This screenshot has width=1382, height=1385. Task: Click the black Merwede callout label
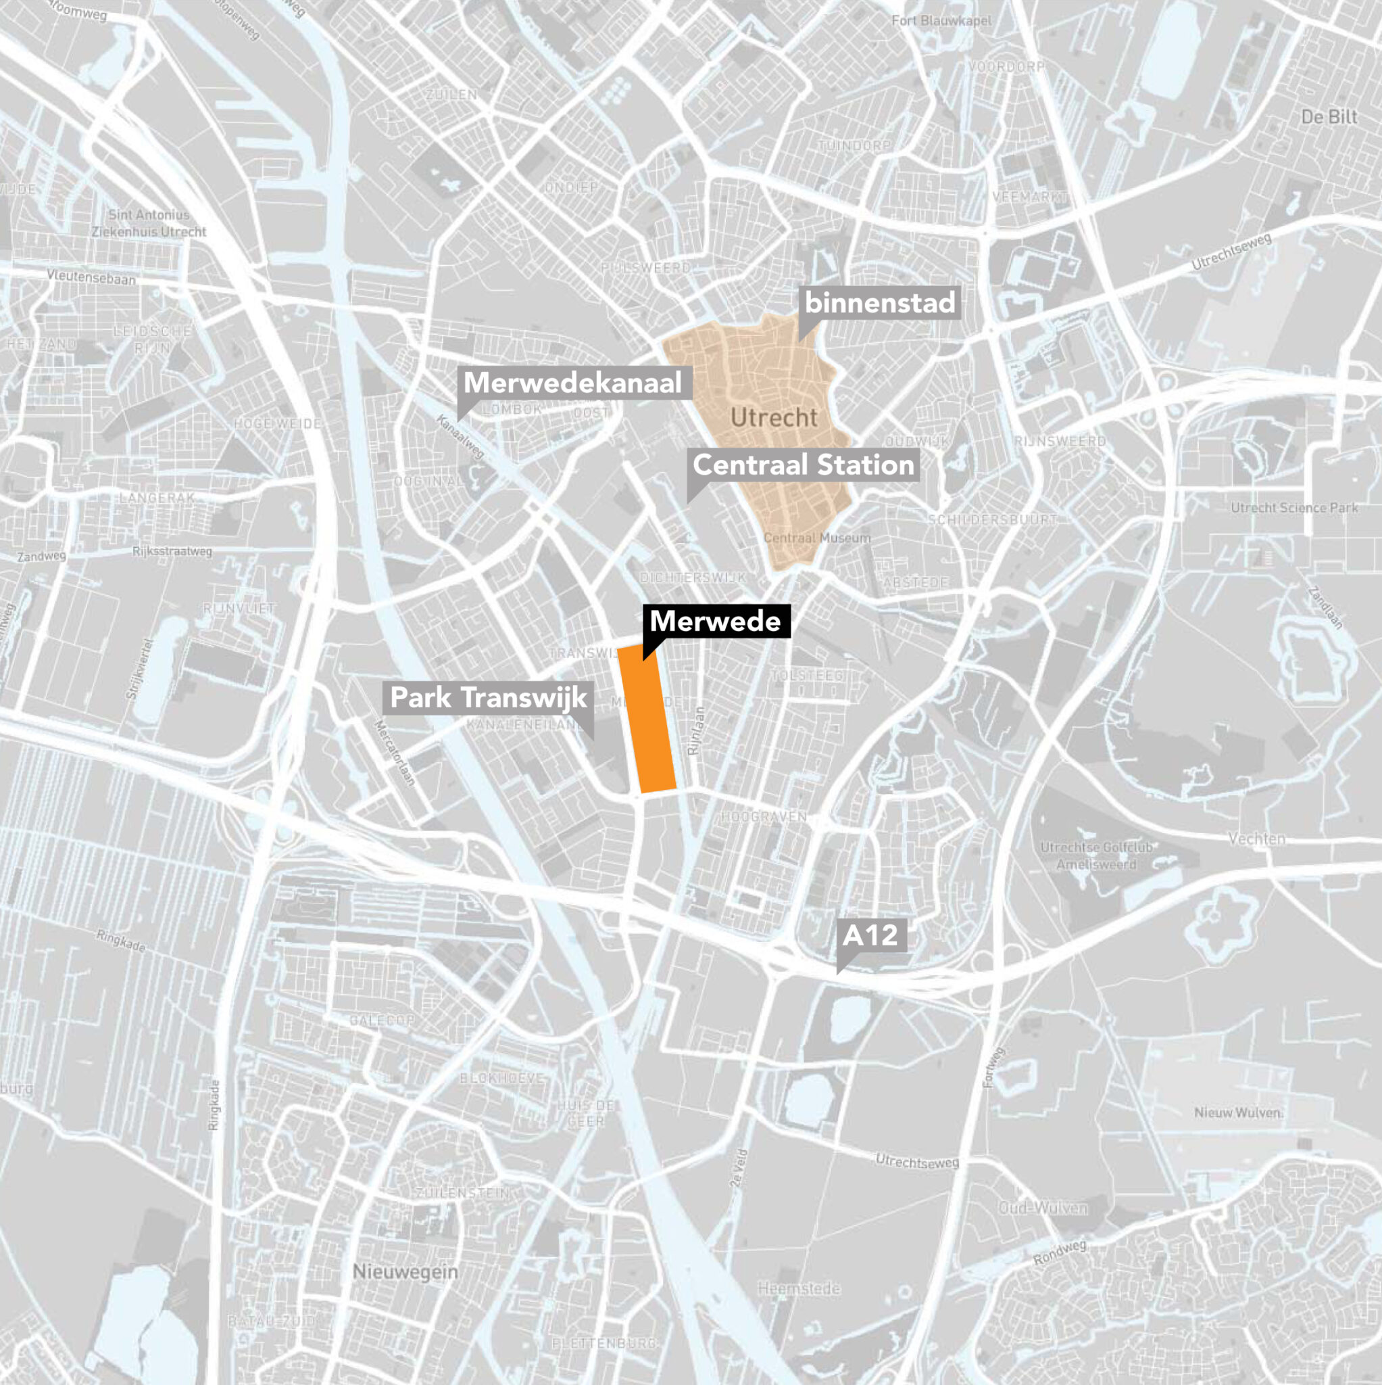(x=715, y=621)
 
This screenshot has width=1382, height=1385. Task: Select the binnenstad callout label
(x=880, y=302)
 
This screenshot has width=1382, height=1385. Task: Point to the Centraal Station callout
(x=803, y=465)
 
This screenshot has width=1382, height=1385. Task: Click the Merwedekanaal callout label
(x=572, y=383)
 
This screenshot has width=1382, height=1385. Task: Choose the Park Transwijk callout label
(x=488, y=697)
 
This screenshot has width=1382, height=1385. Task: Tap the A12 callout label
(x=870, y=935)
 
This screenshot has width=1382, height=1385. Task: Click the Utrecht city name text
(x=774, y=417)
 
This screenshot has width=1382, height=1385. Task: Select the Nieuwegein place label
(x=405, y=1272)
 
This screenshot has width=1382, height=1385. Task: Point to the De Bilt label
(x=1329, y=117)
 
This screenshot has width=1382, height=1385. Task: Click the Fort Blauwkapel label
(x=941, y=21)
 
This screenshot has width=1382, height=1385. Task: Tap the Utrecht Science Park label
(x=1294, y=508)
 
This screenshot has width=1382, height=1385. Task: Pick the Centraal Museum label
(x=817, y=538)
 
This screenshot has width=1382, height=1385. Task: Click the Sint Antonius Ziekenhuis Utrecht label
(x=149, y=223)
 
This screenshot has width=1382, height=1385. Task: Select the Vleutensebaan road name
(x=91, y=277)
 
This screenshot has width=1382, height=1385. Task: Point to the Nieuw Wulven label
(x=1237, y=1112)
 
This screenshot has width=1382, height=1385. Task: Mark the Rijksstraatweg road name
(x=172, y=551)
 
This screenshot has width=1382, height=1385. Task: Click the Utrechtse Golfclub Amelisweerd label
(x=1096, y=856)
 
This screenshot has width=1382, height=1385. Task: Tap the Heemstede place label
(x=799, y=1289)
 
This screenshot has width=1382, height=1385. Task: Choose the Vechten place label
(x=1256, y=838)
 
